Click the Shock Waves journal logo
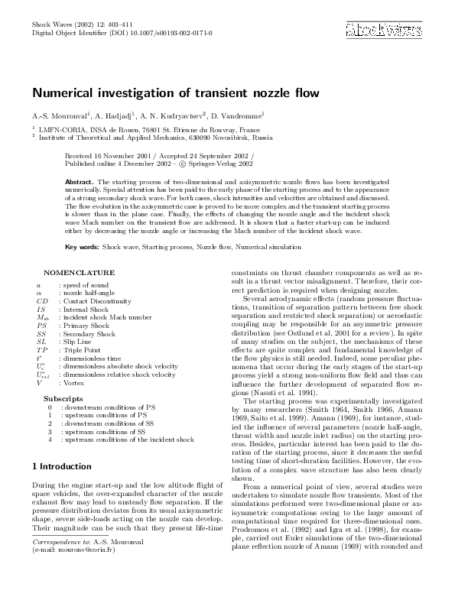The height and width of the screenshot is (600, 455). tap(384, 30)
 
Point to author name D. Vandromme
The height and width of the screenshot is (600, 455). tap(238, 116)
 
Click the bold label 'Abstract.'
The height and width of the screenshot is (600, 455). tap(80, 174)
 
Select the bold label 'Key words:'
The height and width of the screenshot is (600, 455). tap(82, 247)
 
